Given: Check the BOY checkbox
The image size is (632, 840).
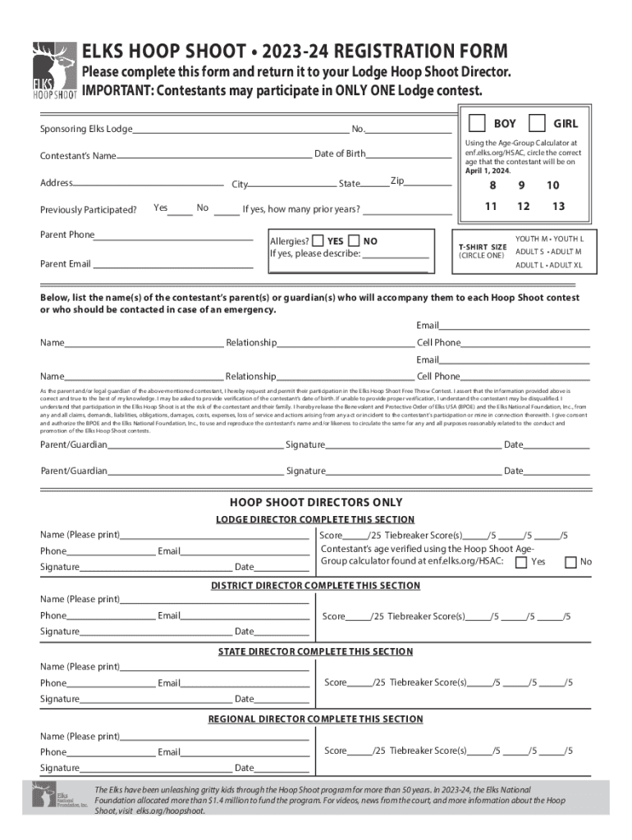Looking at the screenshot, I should click(x=477, y=123).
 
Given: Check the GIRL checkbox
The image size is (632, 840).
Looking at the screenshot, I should click(x=537, y=123).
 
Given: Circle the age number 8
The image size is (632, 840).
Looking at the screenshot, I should click(x=492, y=185).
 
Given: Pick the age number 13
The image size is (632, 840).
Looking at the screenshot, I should click(x=558, y=206).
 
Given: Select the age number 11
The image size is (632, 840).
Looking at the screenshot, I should click(x=490, y=206).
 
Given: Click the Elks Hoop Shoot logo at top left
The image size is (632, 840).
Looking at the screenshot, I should click(x=54, y=71).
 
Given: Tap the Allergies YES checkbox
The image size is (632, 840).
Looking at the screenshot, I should click(x=318, y=241).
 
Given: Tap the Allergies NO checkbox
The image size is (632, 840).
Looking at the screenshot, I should click(x=354, y=241).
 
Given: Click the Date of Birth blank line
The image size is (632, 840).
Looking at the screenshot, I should click(x=408, y=154).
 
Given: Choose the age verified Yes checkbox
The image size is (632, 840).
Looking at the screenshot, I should click(x=520, y=562).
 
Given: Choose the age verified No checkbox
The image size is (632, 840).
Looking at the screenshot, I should click(x=570, y=562).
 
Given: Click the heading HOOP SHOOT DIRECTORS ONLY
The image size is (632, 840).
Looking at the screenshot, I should click(x=316, y=502).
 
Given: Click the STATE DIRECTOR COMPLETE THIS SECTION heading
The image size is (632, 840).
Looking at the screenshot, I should click(x=315, y=651).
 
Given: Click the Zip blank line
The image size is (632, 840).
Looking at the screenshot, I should click(x=428, y=184).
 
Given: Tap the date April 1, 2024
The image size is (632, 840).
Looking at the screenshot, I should click(x=488, y=171).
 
